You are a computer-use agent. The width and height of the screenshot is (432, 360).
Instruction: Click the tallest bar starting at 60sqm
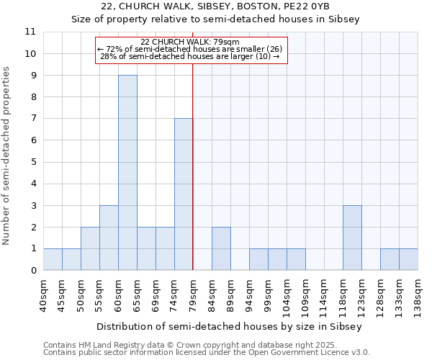click(127, 173)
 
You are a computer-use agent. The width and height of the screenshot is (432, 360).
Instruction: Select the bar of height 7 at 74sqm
click(184, 194)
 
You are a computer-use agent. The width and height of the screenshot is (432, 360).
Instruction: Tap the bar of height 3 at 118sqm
click(352, 238)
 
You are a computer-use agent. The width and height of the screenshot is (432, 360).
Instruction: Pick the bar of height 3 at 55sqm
click(109, 238)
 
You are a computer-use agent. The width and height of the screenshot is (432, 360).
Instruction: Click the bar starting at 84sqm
click(221, 248)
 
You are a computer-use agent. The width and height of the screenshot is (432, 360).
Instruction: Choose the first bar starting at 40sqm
click(53, 259)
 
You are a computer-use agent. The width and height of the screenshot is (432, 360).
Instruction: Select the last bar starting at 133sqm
click(408, 259)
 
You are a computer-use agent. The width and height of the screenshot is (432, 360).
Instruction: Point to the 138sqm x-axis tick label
click(418, 294)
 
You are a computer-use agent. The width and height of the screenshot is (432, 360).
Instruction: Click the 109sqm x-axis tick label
click(305, 294)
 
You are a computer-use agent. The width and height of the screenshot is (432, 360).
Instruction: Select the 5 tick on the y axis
click(33, 162)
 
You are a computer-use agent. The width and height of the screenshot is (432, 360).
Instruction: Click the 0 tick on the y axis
click(33, 271)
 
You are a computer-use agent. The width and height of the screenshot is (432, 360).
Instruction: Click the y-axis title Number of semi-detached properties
click(7, 156)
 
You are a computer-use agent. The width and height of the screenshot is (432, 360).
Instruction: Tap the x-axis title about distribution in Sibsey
click(230, 326)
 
